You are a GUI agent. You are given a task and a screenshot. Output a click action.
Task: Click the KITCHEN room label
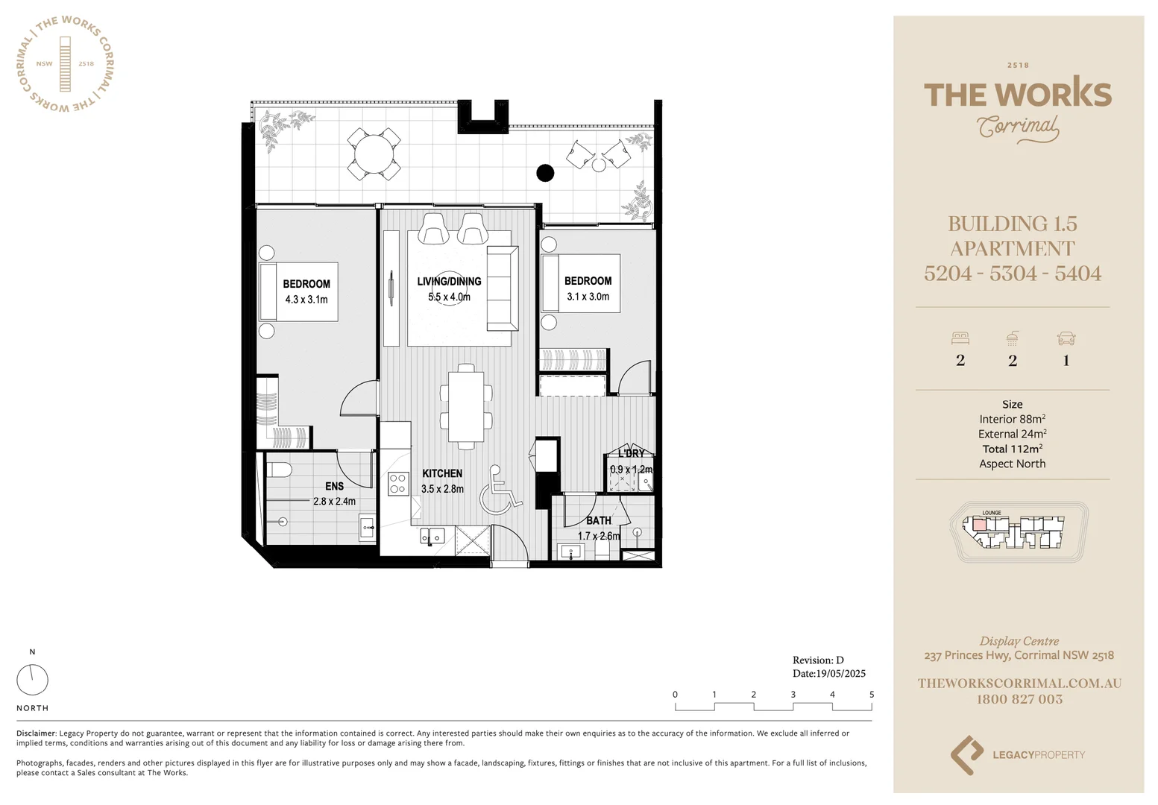[x=442, y=473]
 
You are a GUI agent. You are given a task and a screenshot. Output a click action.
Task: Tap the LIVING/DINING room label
[x=449, y=282]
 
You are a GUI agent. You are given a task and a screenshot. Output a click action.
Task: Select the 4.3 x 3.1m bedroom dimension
[x=306, y=300]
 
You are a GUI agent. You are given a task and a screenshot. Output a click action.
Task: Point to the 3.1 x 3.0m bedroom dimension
[x=588, y=297]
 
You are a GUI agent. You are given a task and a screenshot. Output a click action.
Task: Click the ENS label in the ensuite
[x=334, y=486]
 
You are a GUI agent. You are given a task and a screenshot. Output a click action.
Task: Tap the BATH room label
[x=598, y=520]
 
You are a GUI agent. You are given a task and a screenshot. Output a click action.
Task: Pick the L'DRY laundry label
[x=631, y=453]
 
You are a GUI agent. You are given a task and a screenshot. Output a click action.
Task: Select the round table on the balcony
[x=374, y=154]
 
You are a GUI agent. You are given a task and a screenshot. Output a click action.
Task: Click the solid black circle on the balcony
[x=545, y=173]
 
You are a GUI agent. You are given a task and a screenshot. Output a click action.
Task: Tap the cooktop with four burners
[x=397, y=484]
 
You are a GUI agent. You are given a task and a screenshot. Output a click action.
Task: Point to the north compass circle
[x=32, y=680]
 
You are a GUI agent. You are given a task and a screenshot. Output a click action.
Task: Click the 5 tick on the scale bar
[x=871, y=695]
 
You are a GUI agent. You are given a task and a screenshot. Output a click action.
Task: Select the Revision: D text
[x=818, y=660]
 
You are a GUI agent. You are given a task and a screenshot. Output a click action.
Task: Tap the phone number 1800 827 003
[x=1019, y=699]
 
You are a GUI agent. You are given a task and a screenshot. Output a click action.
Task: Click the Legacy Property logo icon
[x=966, y=754]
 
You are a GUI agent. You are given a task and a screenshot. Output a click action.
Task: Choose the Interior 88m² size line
[x=1012, y=419]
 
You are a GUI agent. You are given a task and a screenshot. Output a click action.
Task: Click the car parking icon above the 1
[x=1066, y=338]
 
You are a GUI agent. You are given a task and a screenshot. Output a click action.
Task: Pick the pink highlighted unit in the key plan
[x=978, y=525]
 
